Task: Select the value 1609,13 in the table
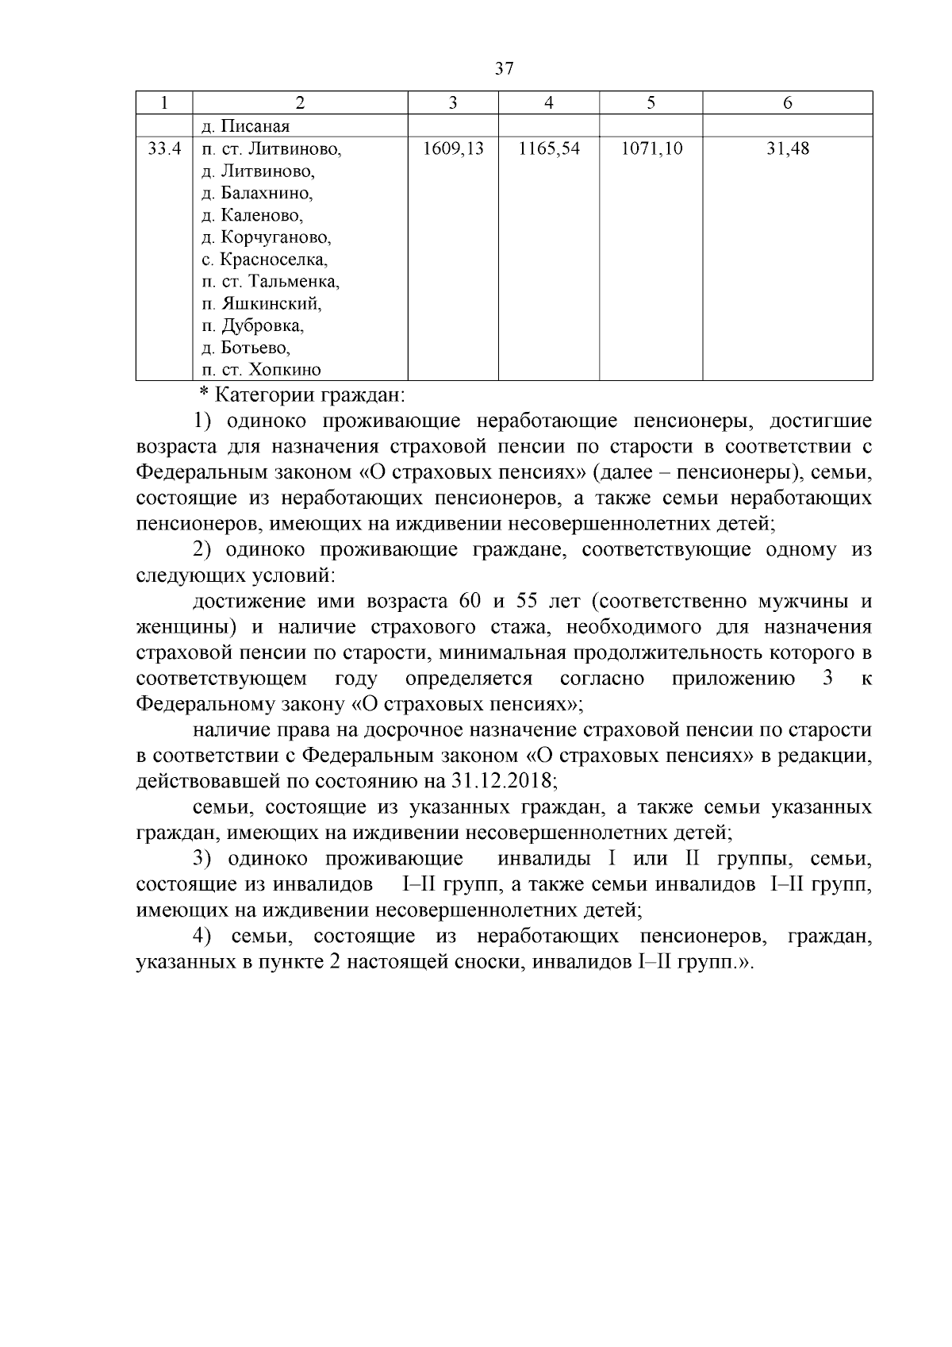(x=453, y=148)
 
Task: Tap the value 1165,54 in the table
(x=549, y=148)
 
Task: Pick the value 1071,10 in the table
(x=651, y=148)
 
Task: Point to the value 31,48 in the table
(x=787, y=148)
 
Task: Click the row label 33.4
(x=165, y=148)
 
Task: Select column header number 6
(x=787, y=102)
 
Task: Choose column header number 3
(x=452, y=102)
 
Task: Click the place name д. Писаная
(x=245, y=126)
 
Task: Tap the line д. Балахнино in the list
(x=257, y=193)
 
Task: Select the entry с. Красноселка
(x=264, y=260)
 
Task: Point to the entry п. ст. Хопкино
(x=261, y=370)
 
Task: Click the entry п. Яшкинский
(x=261, y=303)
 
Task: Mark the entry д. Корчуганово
(x=266, y=237)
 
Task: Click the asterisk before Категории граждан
(x=203, y=395)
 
